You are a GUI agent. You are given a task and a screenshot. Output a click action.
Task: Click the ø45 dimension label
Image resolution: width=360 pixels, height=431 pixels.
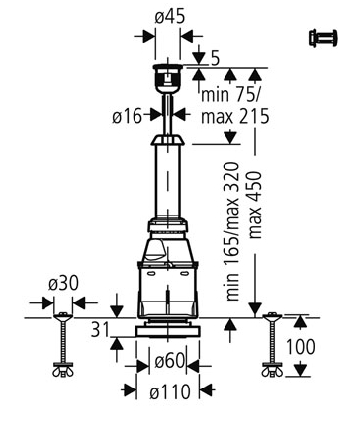tap(170, 17)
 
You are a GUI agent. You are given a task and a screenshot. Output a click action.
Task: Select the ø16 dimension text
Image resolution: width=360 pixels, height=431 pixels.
tap(127, 116)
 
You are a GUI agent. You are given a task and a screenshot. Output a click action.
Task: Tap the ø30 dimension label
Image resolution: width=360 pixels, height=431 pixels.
tap(63, 284)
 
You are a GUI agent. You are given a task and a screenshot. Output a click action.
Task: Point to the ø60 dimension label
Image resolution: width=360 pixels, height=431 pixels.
tap(169, 361)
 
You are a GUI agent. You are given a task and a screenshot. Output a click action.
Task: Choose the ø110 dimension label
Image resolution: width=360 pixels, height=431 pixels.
tap(170, 392)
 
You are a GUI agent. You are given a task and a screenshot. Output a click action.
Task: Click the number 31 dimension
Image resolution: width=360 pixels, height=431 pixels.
tap(100, 329)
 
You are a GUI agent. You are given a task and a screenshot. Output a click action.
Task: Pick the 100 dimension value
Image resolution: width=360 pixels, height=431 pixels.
tap(300, 347)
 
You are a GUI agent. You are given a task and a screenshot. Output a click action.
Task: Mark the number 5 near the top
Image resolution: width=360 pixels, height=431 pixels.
tap(215, 59)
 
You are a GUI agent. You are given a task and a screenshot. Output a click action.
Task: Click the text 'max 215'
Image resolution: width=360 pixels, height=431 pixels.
tap(235, 116)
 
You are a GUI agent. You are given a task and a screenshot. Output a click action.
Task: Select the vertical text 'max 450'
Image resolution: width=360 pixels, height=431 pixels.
tap(255, 205)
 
